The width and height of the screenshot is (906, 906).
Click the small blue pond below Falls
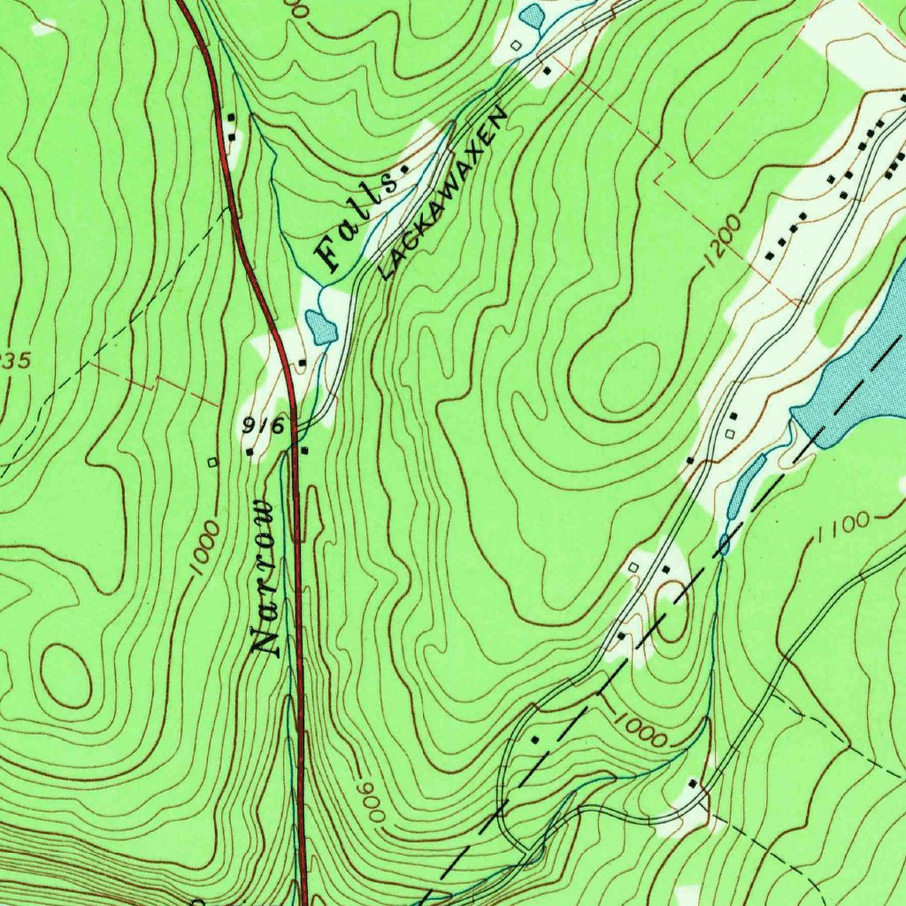[321, 328]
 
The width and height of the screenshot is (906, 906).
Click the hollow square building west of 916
[211, 462]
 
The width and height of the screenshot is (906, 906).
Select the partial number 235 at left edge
[15, 360]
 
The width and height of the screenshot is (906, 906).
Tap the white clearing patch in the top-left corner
[42, 27]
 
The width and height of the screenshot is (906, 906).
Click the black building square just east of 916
[304, 451]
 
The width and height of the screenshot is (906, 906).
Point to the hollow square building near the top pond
[516, 44]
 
